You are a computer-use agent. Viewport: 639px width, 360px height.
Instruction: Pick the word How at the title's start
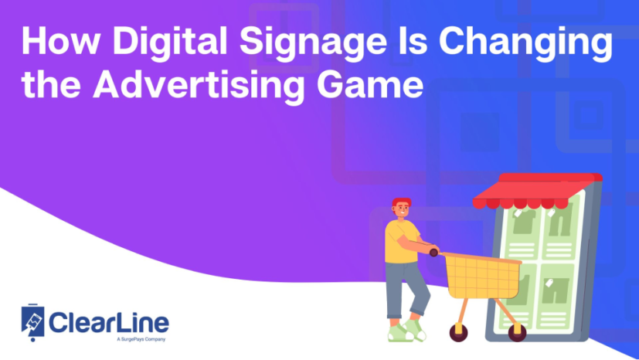pos(56,45)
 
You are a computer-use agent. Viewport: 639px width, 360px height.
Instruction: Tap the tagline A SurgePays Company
pos(140,340)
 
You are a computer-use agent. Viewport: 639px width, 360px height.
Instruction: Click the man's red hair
pos(402,203)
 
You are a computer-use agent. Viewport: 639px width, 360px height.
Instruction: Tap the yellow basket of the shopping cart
pos(482,275)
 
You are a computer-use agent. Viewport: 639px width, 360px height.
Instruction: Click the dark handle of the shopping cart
pos(434,252)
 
